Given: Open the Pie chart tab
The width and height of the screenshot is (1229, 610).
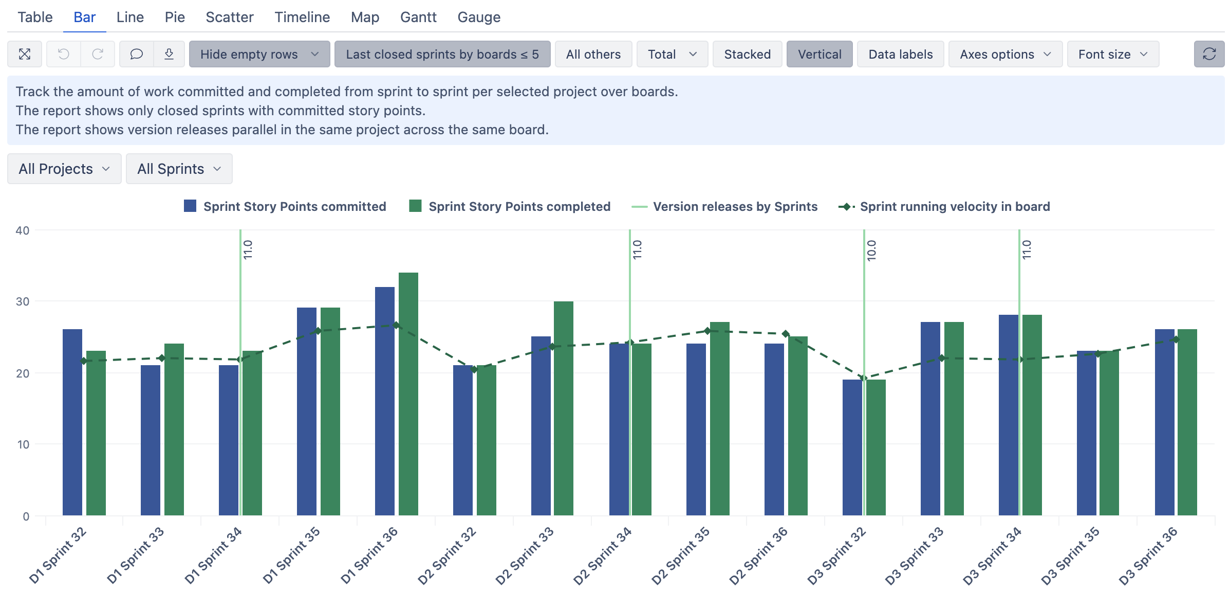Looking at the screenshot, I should [x=175, y=17].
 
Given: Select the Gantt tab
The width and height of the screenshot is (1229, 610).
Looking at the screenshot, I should [x=418, y=17].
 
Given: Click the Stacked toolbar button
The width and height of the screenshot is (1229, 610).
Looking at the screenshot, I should [x=747, y=54].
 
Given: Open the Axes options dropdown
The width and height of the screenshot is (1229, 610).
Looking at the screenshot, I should [x=1004, y=54].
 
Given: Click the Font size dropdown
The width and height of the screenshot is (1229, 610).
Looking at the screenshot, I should [x=1112, y=54].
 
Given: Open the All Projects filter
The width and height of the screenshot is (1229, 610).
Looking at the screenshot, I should [x=64, y=169].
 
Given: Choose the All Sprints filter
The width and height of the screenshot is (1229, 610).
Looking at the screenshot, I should [x=179, y=169].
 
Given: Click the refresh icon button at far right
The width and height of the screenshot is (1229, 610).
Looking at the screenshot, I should [x=1208, y=54].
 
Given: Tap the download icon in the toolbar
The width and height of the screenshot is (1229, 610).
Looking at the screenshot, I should [x=169, y=54].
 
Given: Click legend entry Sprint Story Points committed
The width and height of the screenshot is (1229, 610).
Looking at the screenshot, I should [x=285, y=206].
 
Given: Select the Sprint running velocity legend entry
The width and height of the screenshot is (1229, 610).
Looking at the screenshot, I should [x=945, y=206].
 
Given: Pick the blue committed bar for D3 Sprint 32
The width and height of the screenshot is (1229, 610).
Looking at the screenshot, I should [x=852, y=447].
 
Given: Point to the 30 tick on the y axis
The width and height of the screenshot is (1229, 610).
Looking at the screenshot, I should [x=23, y=301].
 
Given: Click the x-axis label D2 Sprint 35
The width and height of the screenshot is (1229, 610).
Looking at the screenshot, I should [x=681, y=555].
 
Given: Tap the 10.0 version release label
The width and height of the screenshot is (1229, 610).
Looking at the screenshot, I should [x=871, y=250].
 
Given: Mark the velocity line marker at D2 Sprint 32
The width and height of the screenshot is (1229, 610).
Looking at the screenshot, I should [x=474, y=369].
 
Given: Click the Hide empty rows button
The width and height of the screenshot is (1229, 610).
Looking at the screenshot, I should [x=259, y=54].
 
